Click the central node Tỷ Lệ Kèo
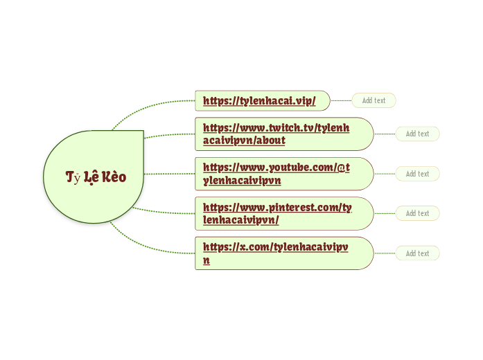(x=95, y=177)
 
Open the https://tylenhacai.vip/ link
(x=259, y=101)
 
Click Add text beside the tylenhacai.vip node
(x=374, y=101)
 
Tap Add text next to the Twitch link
(x=417, y=134)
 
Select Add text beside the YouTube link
(x=417, y=174)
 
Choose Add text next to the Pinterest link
(x=417, y=214)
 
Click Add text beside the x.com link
(x=417, y=253)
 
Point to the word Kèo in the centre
(x=114, y=177)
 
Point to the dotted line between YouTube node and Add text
(x=385, y=174)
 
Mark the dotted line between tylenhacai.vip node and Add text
(x=341, y=101)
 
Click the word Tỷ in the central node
(x=73, y=177)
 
